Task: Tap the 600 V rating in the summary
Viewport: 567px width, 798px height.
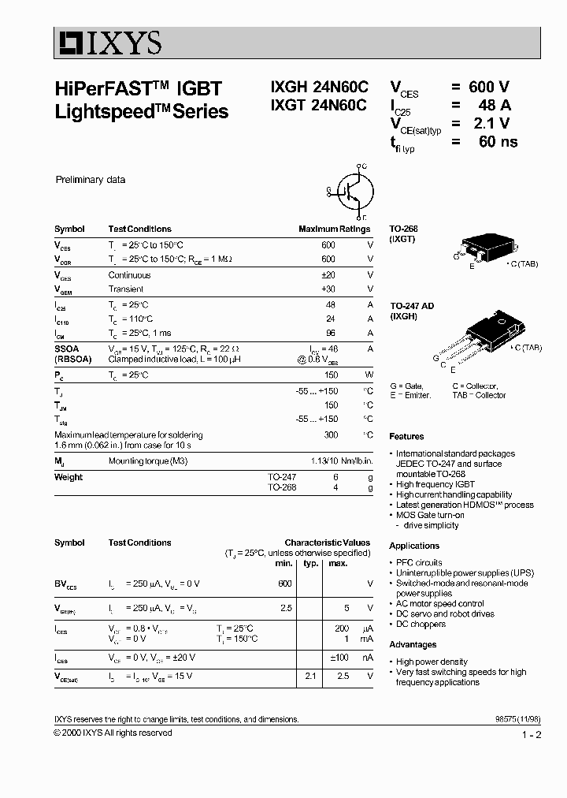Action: [x=488, y=88]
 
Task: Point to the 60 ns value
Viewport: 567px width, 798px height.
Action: [x=498, y=142]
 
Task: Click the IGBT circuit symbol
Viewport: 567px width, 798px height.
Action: [x=353, y=191]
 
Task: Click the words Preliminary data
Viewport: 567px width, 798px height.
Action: [x=90, y=180]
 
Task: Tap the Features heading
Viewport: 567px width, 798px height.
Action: [x=406, y=436]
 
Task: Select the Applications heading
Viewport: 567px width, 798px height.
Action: [x=414, y=546]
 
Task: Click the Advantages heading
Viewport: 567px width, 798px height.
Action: [x=413, y=645]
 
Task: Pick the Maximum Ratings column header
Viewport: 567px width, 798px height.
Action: [x=334, y=229]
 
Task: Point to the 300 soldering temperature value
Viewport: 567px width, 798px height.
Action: [x=331, y=434]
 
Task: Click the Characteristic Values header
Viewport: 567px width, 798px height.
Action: [x=327, y=543]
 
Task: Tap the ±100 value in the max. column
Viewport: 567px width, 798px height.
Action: [x=339, y=657]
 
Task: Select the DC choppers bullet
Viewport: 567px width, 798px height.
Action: [x=421, y=624]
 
